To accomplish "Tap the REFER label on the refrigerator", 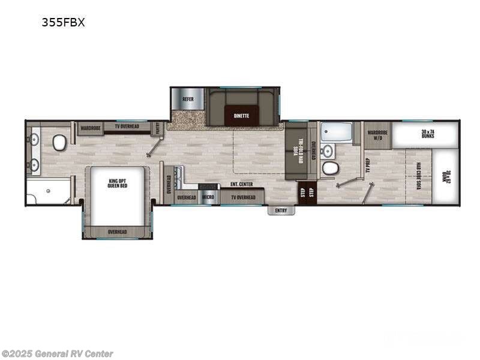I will tap(188, 99).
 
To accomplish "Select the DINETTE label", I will tap(242, 114).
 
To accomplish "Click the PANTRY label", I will tap(157, 127).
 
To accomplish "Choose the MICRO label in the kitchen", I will tap(208, 197).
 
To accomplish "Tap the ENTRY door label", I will tap(281, 210).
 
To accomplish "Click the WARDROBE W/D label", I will tap(377, 134).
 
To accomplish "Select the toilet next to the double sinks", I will tap(59, 142).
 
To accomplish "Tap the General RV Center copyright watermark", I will tap(58, 354).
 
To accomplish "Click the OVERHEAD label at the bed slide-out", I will tap(117, 232).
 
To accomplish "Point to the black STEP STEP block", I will tap(307, 192).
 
